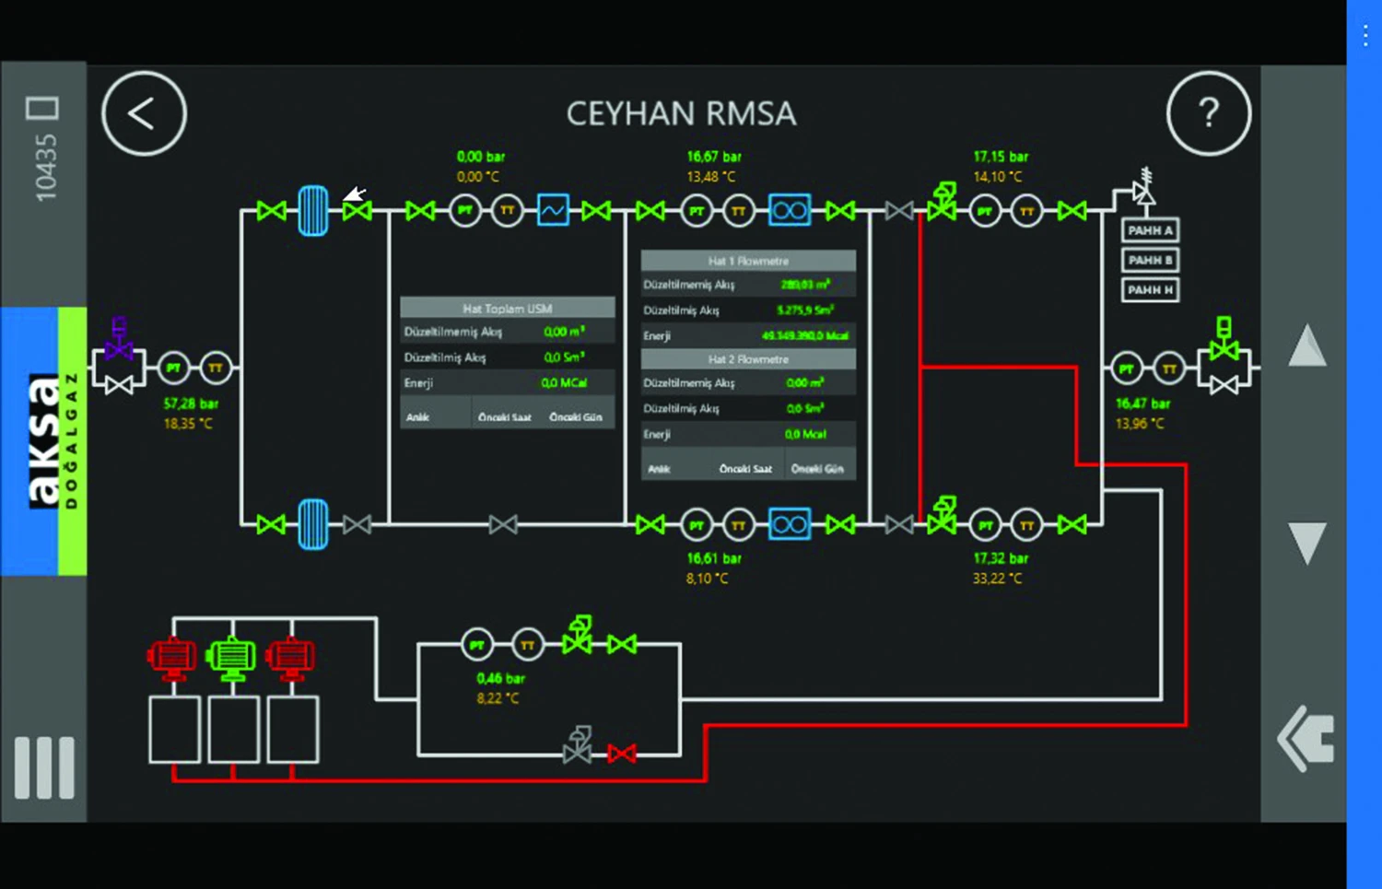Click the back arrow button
(x=144, y=114)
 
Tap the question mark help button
(x=1208, y=113)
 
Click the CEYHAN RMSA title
(x=681, y=114)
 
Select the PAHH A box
(x=1150, y=230)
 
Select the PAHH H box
(x=1150, y=289)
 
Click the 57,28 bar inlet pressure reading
(x=191, y=404)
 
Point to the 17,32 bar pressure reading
(x=1001, y=558)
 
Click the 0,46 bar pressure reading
(x=500, y=678)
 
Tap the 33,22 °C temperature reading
(x=997, y=579)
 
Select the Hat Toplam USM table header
(x=507, y=308)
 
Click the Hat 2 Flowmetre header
(x=747, y=359)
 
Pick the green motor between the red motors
(x=230, y=657)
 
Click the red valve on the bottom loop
(x=622, y=754)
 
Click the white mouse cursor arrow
(x=355, y=193)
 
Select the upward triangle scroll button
(x=1306, y=347)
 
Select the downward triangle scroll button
(x=1306, y=542)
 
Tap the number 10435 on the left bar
(x=45, y=167)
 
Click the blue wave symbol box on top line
(x=553, y=210)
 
